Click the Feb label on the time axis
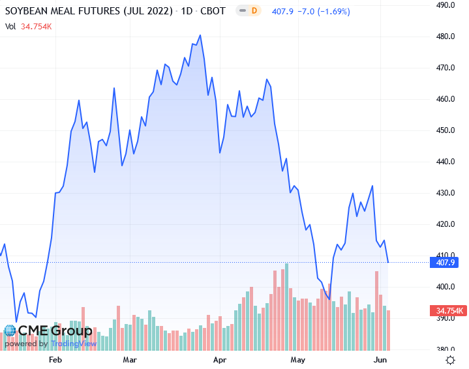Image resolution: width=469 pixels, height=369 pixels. tap(55, 359)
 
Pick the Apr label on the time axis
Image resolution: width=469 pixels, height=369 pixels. tap(220, 359)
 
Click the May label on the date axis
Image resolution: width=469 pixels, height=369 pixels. tap(298, 359)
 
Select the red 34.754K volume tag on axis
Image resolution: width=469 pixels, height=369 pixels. tap(447, 310)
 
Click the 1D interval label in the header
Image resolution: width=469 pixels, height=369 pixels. tap(189, 12)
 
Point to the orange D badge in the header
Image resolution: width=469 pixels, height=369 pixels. tap(254, 11)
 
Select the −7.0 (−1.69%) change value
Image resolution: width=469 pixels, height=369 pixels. tap(320, 11)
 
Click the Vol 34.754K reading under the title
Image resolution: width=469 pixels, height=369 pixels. tap(29, 27)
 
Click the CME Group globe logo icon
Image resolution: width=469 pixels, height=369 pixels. tap(10, 331)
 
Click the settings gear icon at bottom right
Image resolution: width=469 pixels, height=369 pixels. tap(450, 360)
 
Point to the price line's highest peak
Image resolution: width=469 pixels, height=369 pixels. tap(200, 35)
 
